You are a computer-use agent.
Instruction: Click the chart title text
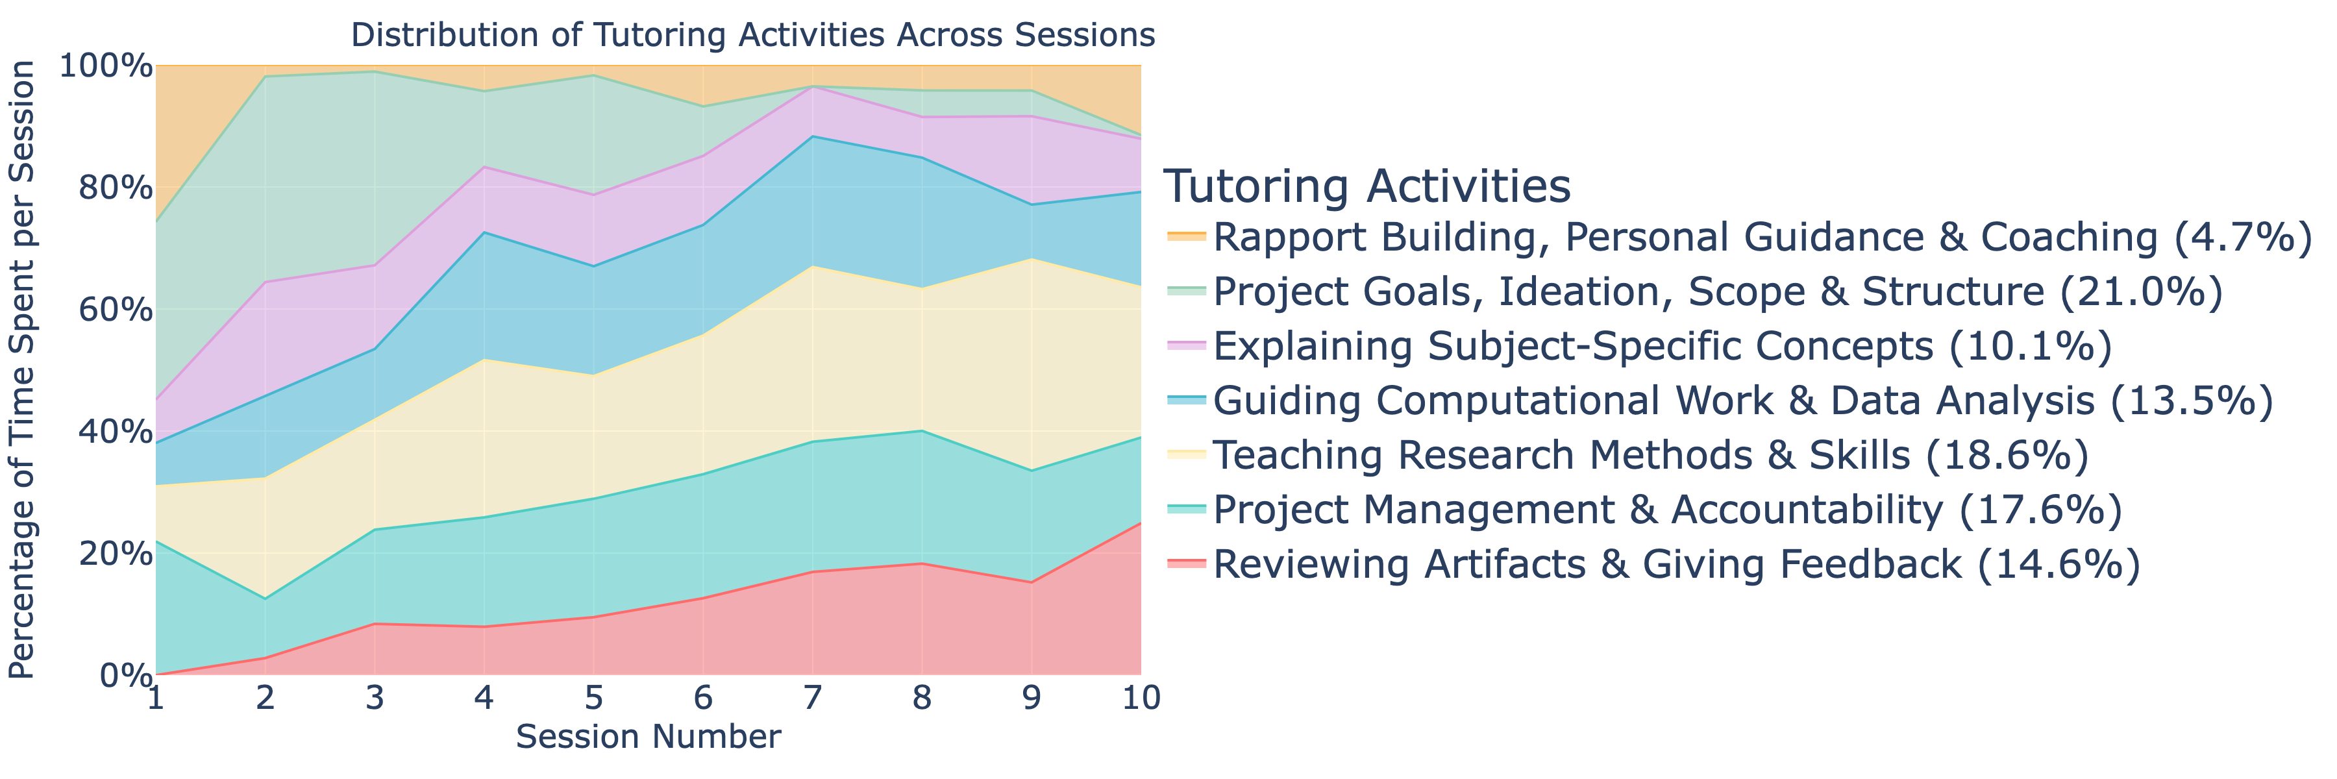pyautogui.click(x=753, y=35)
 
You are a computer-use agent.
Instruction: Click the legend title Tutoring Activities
pyautogui.click(x=1366, y=187)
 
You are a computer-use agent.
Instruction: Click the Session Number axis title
pyautogui.click(x=649, y=736)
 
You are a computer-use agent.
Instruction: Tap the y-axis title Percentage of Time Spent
pyautogui.click(x=22, y=370)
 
